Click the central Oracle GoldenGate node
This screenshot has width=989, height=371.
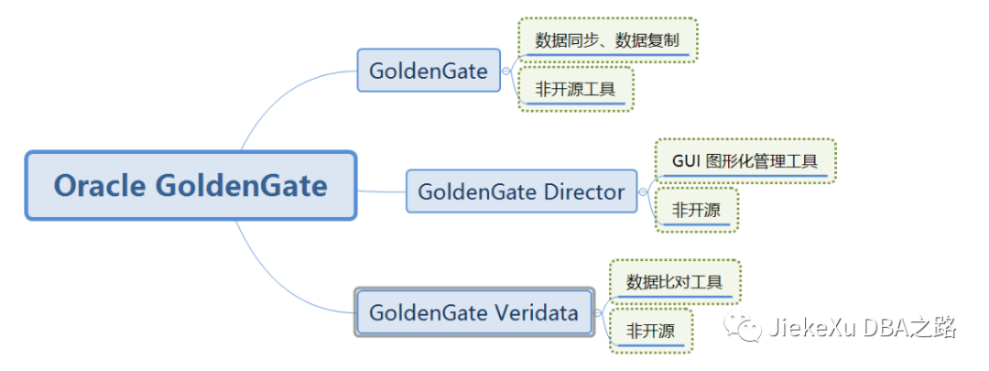190,186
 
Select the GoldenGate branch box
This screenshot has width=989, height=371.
429,71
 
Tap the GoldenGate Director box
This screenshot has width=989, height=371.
521,191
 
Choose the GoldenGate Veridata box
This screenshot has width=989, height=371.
473,312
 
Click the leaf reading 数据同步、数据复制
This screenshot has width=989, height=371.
607,40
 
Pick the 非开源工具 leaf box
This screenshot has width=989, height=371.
575,89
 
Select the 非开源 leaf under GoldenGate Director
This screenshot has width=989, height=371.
696,210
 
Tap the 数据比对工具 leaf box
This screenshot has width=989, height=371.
674,281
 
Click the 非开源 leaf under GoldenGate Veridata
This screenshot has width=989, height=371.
650,330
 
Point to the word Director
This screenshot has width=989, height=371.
584,191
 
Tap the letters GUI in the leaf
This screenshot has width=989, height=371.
687,161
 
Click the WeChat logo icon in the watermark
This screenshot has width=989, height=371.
741,327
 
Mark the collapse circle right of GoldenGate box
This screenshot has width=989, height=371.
506,71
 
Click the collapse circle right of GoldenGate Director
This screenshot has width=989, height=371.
643,191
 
